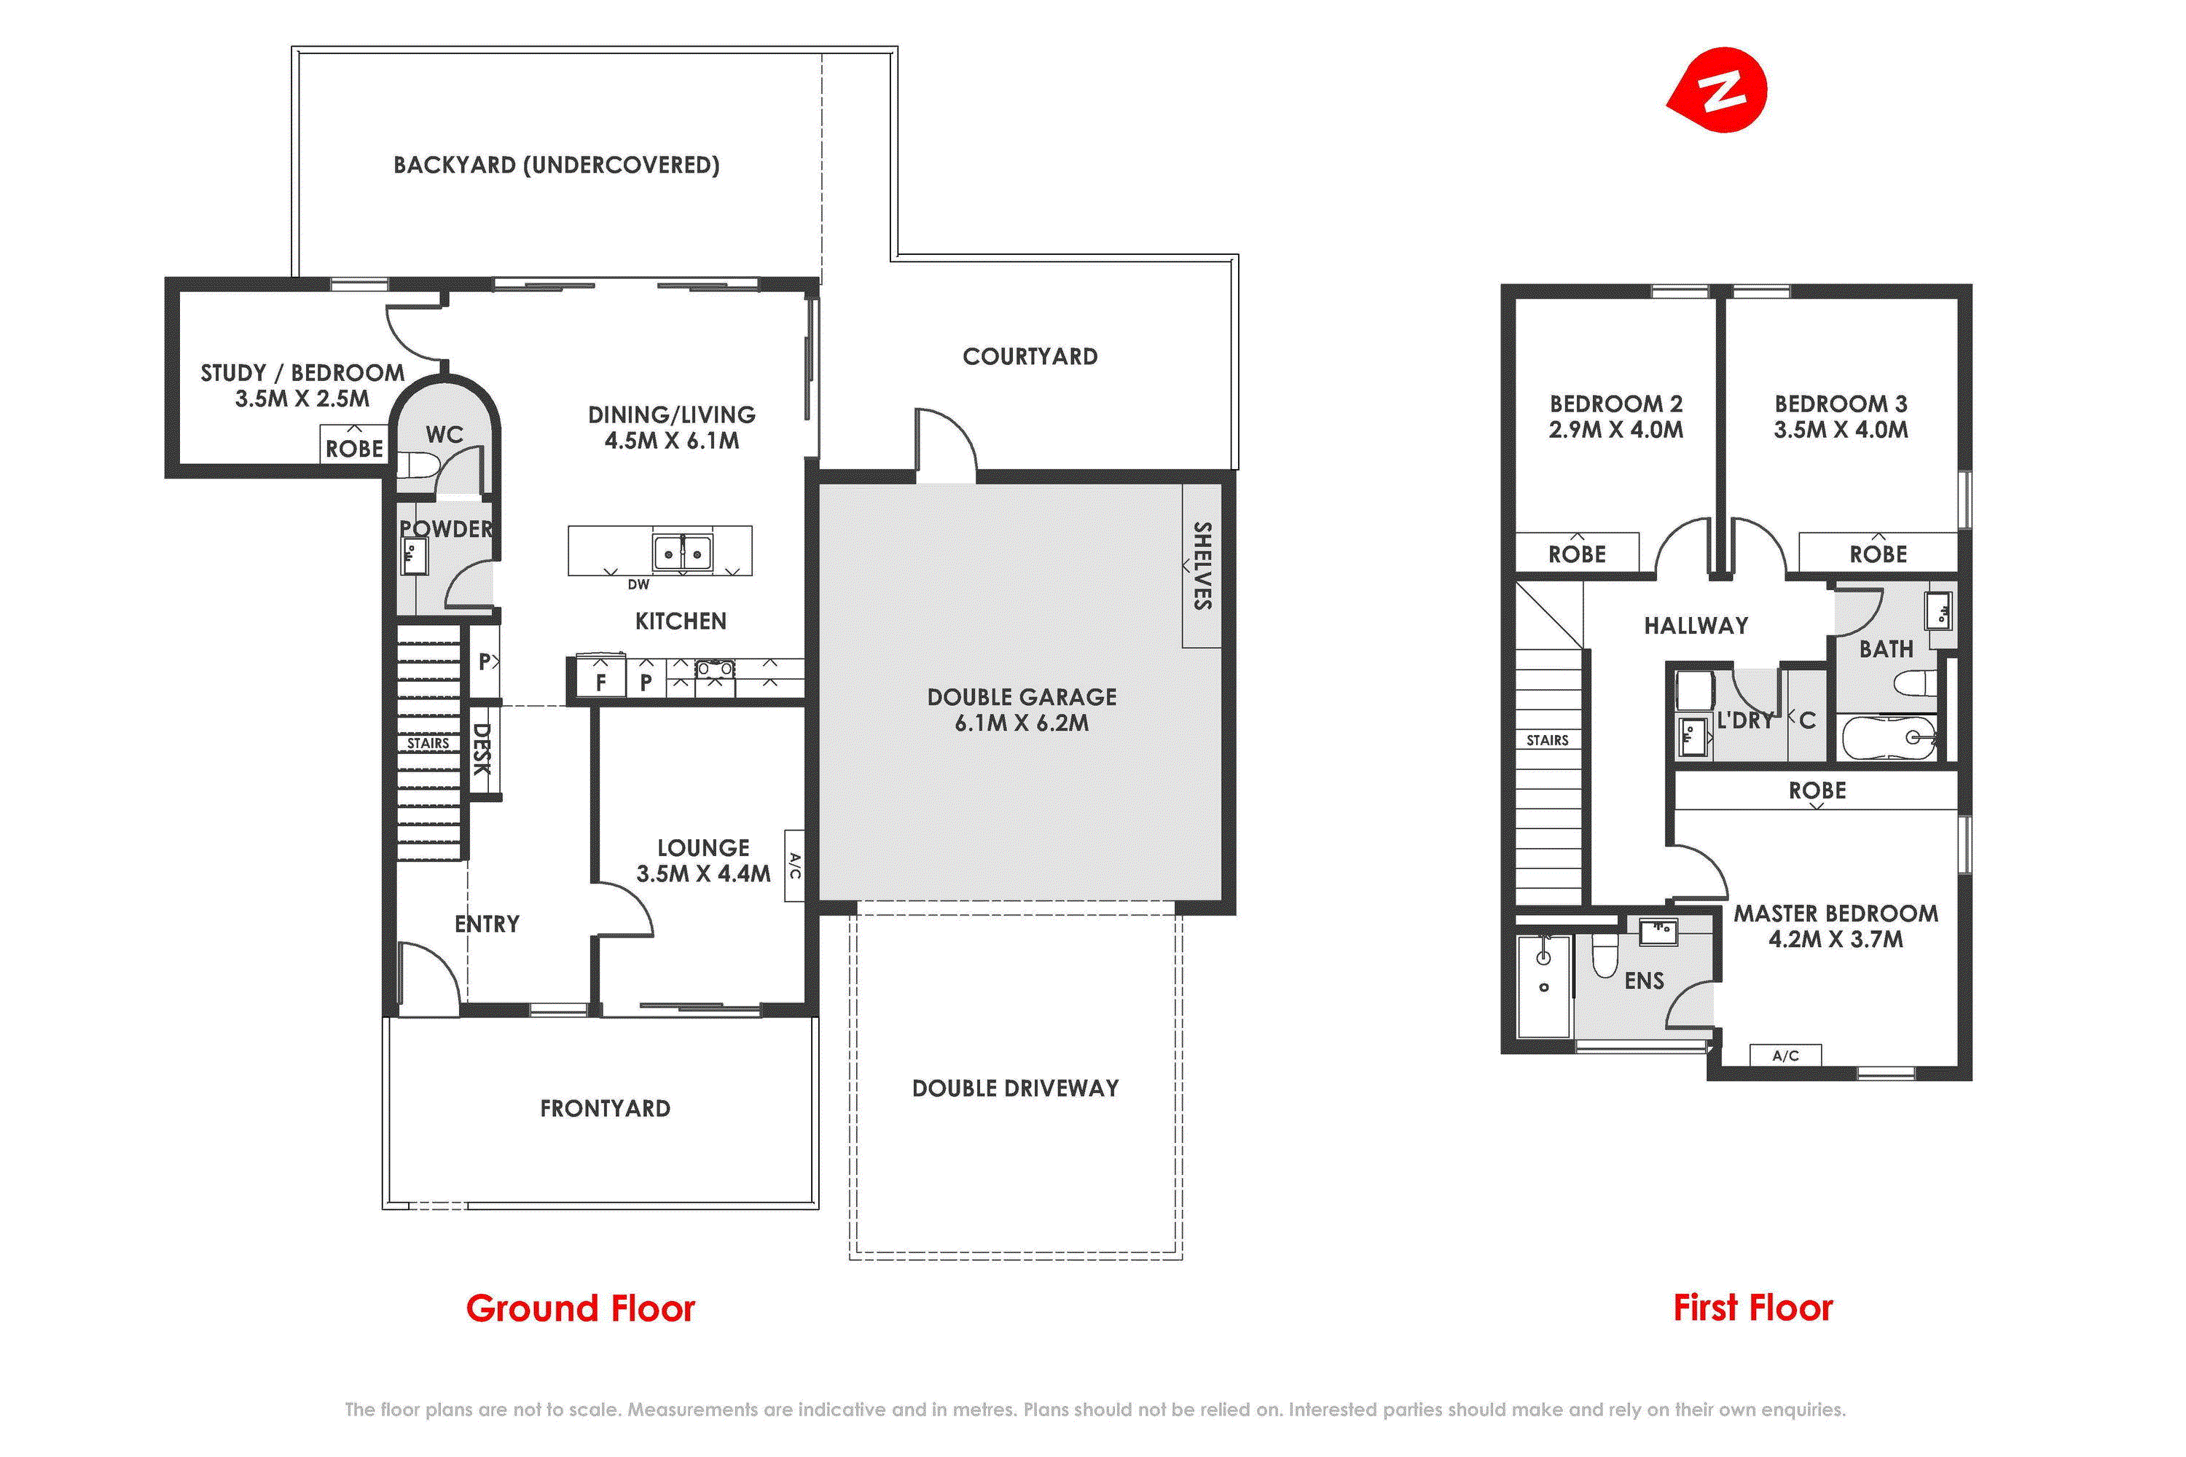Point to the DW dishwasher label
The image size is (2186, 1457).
[x=638, y=584]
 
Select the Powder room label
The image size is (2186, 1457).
[x=446, y=529]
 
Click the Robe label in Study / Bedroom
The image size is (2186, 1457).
[x=354, y=449]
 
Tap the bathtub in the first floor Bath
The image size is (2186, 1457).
[x=1889, y=738]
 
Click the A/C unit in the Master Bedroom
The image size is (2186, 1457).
[x=1785, y=1056]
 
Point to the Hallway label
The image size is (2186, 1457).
[x=1696, y=625]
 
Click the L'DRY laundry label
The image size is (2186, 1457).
[x=1745, y=720]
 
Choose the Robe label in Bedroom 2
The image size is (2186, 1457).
[x=1578, y=554]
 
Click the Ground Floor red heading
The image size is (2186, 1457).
[x=580, y=1308]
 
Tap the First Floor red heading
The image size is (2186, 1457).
[x=1753, y=1308]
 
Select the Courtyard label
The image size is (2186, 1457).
[x=1030, y=357]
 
